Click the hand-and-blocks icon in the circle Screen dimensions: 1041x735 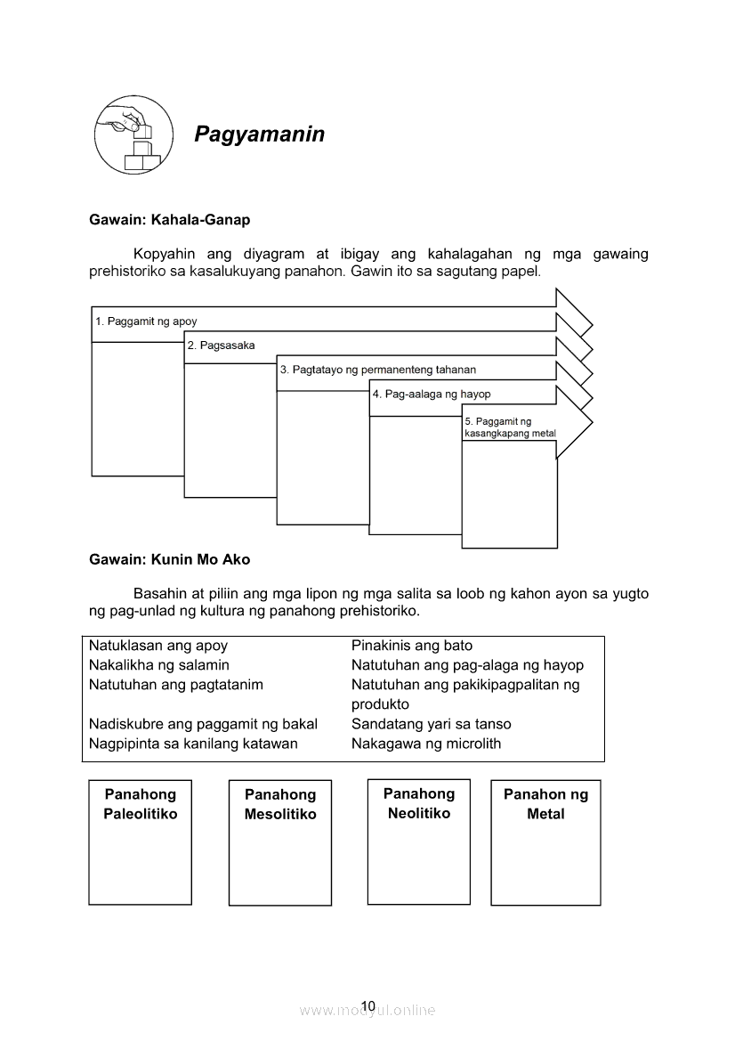point(133,135)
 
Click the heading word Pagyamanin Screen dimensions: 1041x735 point(259,134)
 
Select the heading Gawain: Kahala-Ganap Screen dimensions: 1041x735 point(169,219)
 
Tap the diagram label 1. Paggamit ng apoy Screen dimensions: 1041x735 point(146,321)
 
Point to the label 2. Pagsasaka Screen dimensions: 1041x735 point(221,346)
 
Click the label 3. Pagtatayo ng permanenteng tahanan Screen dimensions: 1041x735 point(377,370)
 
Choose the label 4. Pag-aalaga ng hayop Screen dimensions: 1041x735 point(431,394)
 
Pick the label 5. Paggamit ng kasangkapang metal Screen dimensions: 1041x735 point(509,427)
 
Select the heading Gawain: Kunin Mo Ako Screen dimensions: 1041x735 point(169,560)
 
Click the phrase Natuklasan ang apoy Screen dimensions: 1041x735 point(158,646)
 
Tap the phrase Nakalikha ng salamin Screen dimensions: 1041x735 point(158,665)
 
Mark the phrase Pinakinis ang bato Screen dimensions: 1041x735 point(412,646)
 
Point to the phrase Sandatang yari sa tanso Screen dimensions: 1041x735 point(431,724)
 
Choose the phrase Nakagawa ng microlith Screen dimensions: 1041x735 point(425,744)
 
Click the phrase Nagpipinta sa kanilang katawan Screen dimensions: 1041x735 point(193,744)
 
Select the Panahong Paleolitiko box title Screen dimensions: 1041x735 point(141,804)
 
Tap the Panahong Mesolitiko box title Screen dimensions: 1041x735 point(280,804)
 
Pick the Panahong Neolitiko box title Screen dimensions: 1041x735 point(419,803)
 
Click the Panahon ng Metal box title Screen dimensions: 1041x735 point(545,804)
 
